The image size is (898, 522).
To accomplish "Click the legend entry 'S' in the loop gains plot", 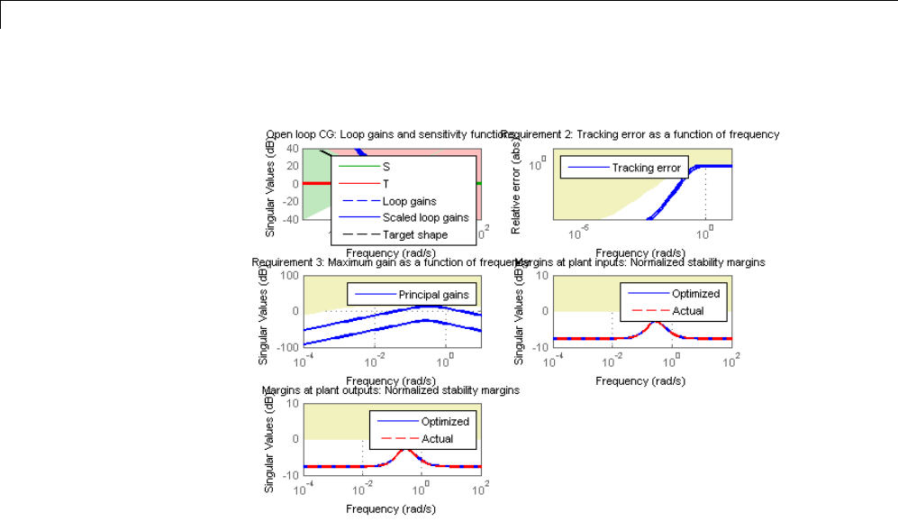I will tap(386, 167).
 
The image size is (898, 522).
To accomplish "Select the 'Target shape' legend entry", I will tap(414, 234).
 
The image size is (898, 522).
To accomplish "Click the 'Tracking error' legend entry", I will tap(645, 168).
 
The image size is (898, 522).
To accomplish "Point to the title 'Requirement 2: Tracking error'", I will tap(640, 134).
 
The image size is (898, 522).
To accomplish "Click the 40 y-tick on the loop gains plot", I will tap(293, 148).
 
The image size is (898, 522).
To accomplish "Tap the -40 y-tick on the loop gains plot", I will tap(291, 219).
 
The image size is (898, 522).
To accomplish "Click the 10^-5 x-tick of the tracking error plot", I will tap(579, 234).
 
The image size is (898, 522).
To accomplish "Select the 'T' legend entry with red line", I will tap(386, 183).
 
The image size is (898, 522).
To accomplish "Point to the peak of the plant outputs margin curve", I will tap(406, 448).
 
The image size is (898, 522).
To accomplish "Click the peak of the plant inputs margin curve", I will tap(657, 321).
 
